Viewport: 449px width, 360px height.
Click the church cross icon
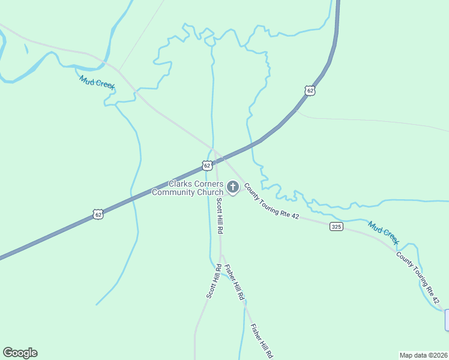233,188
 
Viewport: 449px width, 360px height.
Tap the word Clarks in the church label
181,184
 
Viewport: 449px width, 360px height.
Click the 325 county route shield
336,226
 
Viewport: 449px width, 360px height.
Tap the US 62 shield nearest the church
206,165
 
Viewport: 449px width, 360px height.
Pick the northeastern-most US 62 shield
309,91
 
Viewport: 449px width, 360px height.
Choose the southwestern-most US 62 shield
98,213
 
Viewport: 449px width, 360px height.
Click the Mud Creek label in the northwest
97,82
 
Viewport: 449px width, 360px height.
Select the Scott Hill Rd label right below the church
220,215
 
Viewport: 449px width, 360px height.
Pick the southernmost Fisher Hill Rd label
262,341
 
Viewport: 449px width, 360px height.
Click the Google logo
20,353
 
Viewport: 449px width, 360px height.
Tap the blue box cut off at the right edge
447,320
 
